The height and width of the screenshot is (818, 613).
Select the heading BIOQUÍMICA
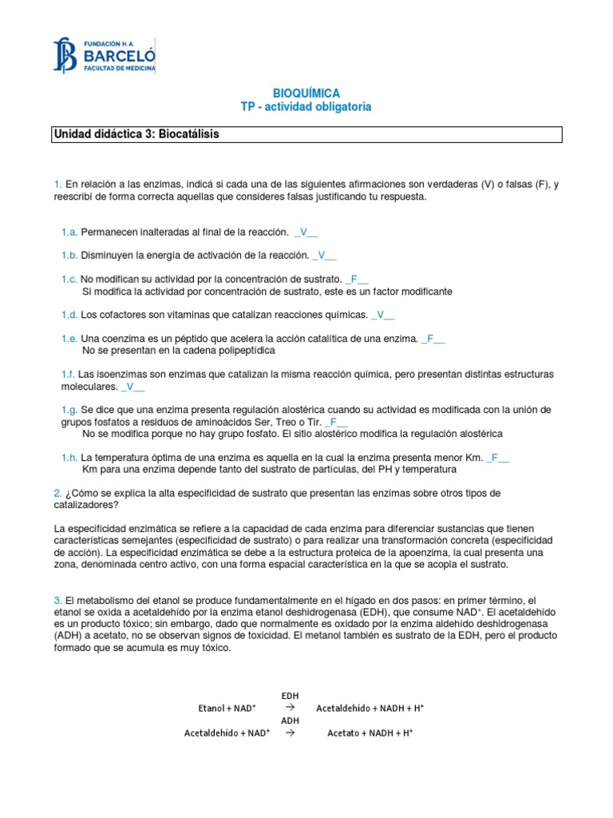pyautogui.click(x=306, y=93)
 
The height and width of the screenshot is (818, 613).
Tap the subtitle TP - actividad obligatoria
pyautogui.click(x=306, y=107)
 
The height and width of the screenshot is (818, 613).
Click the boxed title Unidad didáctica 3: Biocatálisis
pyautogui.click(x=136, y=134)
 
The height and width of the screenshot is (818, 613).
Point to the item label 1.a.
pyautogui.click(x=69, y=232)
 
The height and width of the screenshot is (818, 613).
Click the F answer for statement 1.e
pyautogui.click(x=432, y=339)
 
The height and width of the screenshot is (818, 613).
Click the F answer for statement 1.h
pyautogui.click(x=496, y=458)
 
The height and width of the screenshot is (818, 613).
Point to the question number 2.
pyautogui.click(x=57, y=494)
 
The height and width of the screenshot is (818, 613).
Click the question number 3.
pyautogui.click(x=57, y=600)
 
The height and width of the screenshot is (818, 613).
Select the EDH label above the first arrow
pyautogui.click(x=291, y=696)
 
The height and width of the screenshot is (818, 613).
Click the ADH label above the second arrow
pyautogui.click(x=291, y=721)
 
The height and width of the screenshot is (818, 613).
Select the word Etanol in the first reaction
pyautogui.click(x=212, y=709)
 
